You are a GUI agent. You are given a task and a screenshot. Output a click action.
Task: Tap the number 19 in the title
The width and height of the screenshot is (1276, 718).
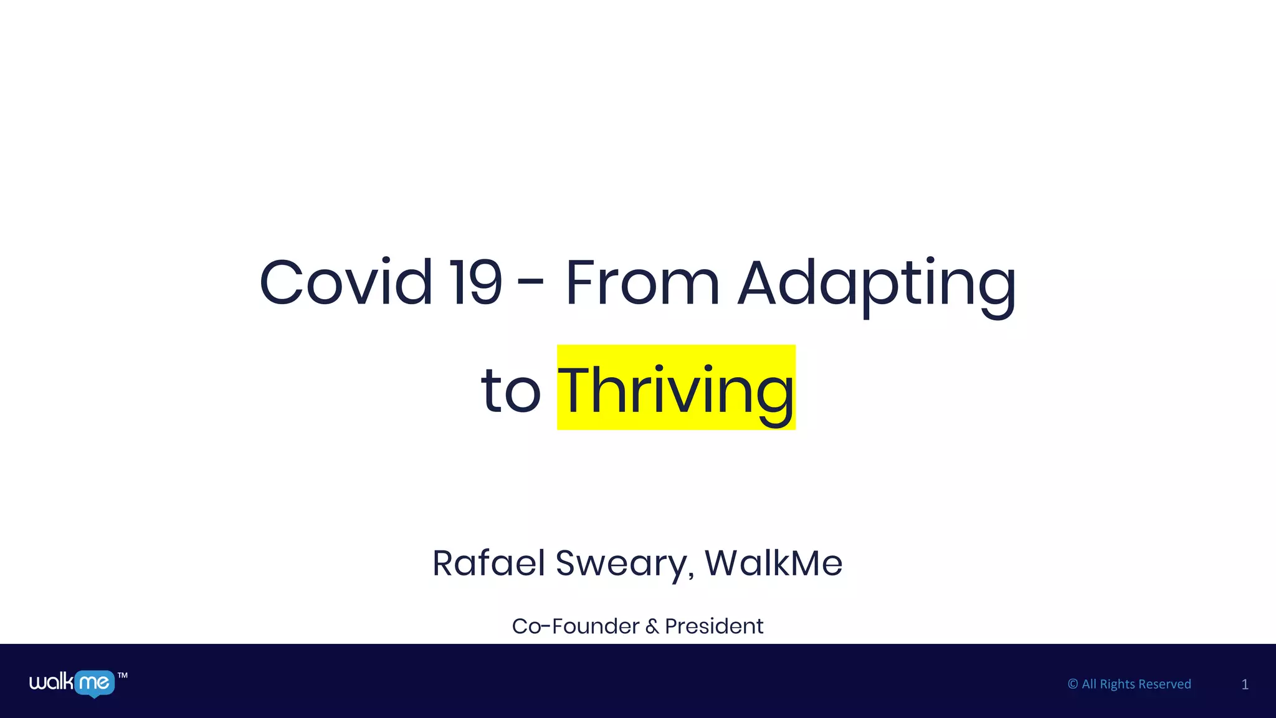click(477, 284)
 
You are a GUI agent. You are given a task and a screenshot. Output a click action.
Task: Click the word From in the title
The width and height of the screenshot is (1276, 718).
click(642, 284)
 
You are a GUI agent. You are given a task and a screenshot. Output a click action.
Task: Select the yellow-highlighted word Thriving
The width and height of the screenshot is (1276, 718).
click(676, 390)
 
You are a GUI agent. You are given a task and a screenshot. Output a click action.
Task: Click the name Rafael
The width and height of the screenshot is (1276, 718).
click(488, 563)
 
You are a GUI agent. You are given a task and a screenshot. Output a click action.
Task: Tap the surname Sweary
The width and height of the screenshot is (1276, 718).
click(625, 564)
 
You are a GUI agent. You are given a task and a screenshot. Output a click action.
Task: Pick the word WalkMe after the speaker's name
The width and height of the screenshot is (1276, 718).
click(773, 563)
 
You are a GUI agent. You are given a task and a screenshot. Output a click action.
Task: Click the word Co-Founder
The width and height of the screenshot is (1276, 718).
click(575, 626)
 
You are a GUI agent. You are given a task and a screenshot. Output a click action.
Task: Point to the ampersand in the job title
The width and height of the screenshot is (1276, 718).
click(652, 626)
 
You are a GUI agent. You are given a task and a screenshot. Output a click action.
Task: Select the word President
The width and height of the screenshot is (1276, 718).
click(714, 626)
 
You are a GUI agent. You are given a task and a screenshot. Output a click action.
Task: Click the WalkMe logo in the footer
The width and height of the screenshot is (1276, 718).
click(72, 683)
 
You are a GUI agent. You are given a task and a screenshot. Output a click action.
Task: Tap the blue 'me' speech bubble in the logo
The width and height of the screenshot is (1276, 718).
click(94, 683)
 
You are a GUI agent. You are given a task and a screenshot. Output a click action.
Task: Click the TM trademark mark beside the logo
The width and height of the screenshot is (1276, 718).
click(123, 676)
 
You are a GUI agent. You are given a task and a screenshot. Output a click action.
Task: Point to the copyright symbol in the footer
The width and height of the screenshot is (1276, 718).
click(1073, 684)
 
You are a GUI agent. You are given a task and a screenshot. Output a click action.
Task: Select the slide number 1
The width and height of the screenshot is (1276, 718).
click(1245, 684)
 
